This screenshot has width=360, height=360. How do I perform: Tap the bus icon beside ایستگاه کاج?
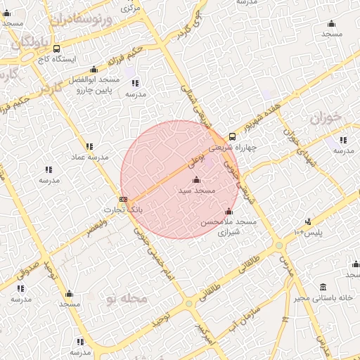coord(56,49)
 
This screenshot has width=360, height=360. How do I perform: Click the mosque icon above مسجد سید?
coord(195,180)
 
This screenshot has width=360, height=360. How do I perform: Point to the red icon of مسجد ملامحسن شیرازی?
coord(228,212)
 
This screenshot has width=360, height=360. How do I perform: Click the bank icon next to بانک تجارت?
coord(124,200)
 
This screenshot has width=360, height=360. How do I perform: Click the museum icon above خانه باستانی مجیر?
coord(323,287)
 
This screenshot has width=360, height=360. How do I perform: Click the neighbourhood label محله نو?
coord(127,300)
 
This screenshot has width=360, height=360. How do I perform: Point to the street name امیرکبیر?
coord(203,333)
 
